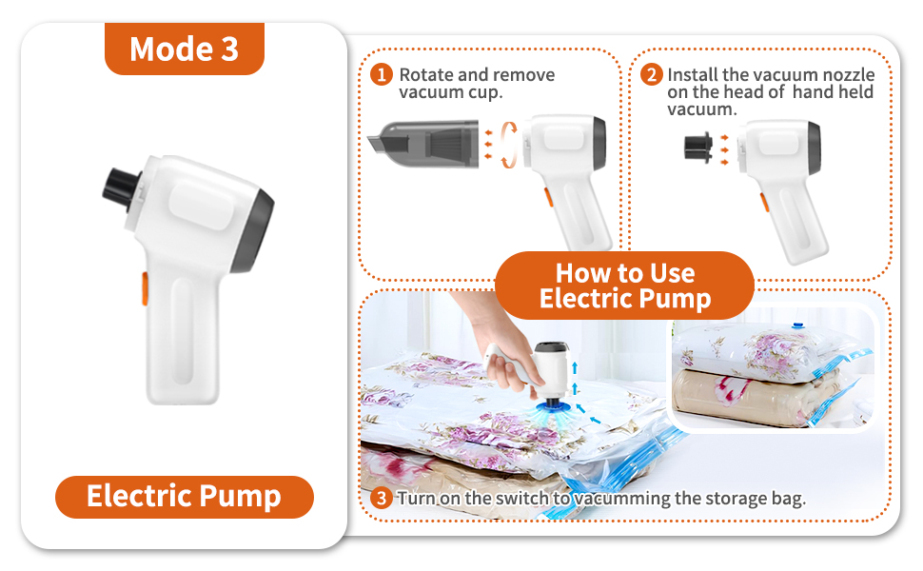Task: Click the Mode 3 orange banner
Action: tap(184, 49)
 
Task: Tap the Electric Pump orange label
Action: tap(184, 496)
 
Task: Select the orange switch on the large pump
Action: tap(146, 287)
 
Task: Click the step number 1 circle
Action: tap(381, 74)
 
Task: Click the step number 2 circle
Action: tap(651, 74)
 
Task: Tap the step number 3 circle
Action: tap(381, 498)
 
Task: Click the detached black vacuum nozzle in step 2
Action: tap(699, 148)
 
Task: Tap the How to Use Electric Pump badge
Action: tap(625, 285)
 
